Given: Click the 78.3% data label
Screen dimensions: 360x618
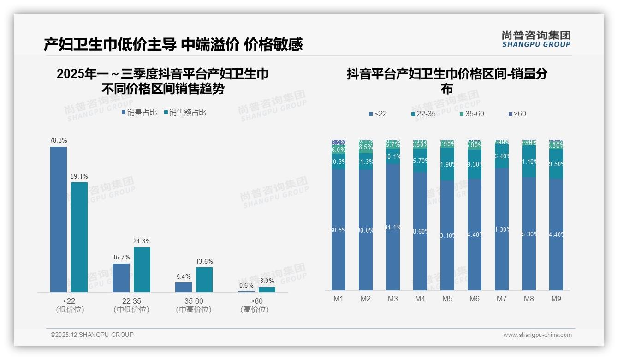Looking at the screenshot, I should pyautogui.click(x=59, y=140).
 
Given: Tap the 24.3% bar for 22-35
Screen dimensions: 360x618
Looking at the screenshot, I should pyautogui.click(x=142, y=270).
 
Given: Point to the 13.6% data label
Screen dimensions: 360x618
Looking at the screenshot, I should pyautogui.click(x=204, y=262).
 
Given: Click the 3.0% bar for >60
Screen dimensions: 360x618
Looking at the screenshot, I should pyautogui.click(x=267, y=289).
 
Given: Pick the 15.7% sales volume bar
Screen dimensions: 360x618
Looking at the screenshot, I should pyautogui.click(x=121, y=277).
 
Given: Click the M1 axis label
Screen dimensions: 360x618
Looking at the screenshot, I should pyautogui.click(x=339, y=299).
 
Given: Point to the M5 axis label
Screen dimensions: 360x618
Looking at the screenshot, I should pyautogui.click(x=447, y=299).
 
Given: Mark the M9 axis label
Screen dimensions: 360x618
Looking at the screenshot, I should pyautogui.click(x=556, y=299).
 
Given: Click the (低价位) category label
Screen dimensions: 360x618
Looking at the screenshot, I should pyautogui.click(x=70, y=310).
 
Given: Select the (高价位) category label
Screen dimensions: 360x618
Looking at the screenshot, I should pyautogui.click(x=255, y=310).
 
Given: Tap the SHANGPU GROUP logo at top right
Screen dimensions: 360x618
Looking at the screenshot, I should pyautogui.click(x=536, y=39).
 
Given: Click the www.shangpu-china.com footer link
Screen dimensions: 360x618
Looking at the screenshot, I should pyautogui.click(x=537, y=335).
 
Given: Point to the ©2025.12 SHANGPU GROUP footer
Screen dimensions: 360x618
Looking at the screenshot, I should pyautogui.click(x=92, y=335).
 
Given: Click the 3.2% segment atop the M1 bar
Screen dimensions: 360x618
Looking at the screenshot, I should pyautogui.click(x=339, y=143).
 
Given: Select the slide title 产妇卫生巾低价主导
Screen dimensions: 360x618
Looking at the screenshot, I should pyautogui.click(x=110, y=44).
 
